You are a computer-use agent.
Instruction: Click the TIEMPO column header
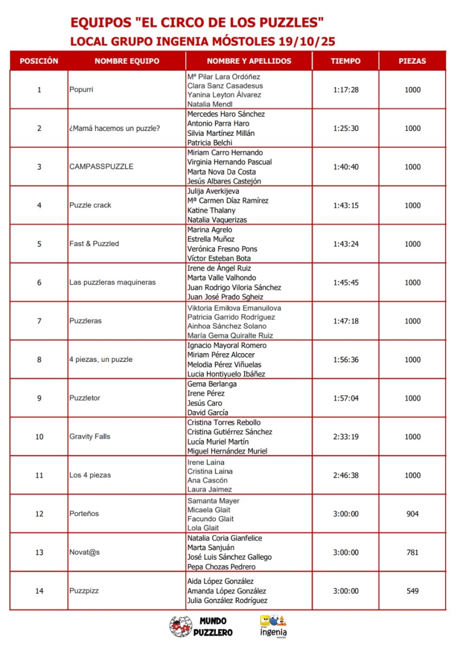(345, 61)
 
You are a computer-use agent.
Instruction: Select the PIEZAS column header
(412, 61)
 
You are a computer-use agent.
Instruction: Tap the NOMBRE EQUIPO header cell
(127, 61)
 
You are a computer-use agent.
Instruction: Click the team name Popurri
(81, 90)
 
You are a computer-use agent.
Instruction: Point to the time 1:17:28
(345, 90)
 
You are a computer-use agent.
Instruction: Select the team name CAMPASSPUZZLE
(101, 167)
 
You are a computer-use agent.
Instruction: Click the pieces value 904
(412, 514)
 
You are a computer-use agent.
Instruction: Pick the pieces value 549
(412, 591)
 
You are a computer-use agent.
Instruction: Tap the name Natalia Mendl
(210, 104)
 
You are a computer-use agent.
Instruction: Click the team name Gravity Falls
(90, 436)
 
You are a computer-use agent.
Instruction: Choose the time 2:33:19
(345, 436)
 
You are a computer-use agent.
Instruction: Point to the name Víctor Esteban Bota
(219, 259)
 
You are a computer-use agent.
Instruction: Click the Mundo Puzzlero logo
(201, 626)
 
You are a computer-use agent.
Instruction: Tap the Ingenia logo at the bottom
(273, 626)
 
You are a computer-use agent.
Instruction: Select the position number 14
(39, 591)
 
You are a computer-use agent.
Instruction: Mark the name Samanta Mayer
(213, 501)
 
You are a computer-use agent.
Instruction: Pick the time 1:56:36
(345, 360)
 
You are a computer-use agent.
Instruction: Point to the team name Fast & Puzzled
(94, 244)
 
